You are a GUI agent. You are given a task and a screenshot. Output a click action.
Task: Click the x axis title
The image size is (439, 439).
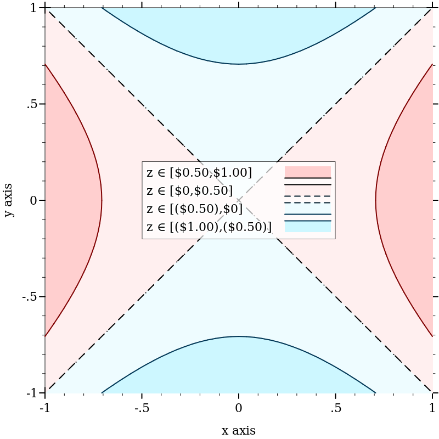click(238, 430)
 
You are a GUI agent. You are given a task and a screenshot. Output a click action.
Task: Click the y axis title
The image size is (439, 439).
click(9, 200)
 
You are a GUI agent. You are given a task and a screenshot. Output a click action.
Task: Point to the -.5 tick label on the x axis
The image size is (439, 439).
click(142, 408)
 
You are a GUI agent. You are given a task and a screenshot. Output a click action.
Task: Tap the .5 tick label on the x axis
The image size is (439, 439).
click(336, 408)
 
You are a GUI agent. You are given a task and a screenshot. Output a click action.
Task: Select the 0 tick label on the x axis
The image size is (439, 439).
click(239, 408)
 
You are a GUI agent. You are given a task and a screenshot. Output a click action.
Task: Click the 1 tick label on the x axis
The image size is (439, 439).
click(432, 408)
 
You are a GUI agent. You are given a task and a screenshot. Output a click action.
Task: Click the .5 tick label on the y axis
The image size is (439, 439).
click(32, 104)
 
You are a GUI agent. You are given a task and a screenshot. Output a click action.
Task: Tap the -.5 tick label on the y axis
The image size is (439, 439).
click(30, 296)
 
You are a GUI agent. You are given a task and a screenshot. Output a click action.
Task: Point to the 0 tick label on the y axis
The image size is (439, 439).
click(33, 200)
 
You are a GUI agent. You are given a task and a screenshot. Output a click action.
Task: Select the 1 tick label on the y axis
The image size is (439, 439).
click(33, 8)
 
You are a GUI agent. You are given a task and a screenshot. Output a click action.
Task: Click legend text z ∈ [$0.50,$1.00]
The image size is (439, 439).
click(199, 173)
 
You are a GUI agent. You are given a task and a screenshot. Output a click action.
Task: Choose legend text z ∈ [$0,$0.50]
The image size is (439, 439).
click(189, 191)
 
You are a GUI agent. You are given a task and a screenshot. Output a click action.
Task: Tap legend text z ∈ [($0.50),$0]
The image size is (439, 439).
click(194, 209)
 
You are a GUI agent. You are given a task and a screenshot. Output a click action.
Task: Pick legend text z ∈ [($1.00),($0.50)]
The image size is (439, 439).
click(209, 227)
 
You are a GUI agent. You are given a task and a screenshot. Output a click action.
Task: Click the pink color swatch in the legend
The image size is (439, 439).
click(307, 172)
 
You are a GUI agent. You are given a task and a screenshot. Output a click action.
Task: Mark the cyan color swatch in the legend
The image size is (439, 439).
click(307, 227)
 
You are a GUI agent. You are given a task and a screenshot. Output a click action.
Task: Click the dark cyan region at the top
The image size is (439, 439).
click(239, 33)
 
